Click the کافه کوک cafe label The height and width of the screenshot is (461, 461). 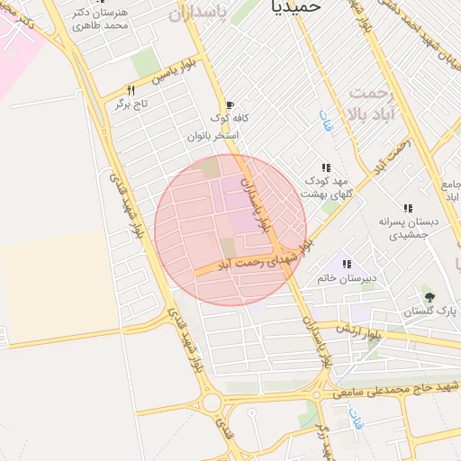pos(230,118)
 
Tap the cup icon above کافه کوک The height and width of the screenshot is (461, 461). pos(230,104)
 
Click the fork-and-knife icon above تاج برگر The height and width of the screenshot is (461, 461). pos(131,90)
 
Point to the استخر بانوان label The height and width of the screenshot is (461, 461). pos(212,136)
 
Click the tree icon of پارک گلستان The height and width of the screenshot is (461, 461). pos(429,296)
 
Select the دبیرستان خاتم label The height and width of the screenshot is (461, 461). pos(346,278)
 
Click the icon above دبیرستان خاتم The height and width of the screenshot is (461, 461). pos(346,264)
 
